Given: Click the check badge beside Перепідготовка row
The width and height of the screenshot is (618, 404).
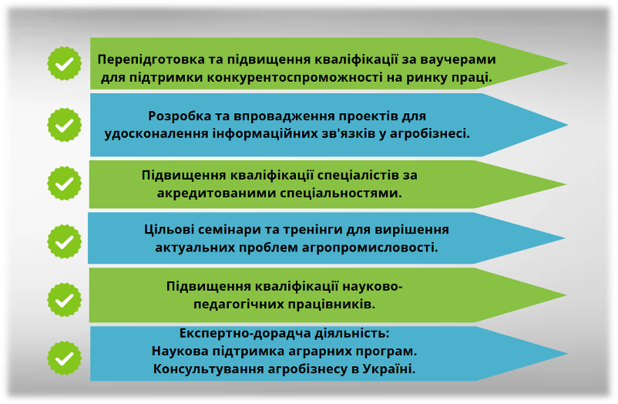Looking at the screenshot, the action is click(64, 63).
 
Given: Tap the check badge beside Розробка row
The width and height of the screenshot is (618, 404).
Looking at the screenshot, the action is click(64, 125).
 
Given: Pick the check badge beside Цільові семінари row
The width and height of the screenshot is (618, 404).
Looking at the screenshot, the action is click(64, 241).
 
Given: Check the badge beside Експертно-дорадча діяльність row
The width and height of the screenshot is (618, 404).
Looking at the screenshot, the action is click(64, 359).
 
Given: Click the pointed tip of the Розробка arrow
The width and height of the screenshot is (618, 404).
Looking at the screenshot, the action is click(568, 125).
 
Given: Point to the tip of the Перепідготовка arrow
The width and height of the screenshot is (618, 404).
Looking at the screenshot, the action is click(568, 63).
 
